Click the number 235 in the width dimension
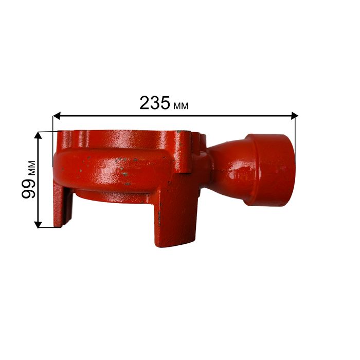point(155,103)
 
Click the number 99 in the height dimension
point(29,189)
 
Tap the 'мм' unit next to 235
point(181,105)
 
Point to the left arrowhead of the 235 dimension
point(57,116)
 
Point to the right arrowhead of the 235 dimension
point(294,116)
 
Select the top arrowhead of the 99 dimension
point(38,135)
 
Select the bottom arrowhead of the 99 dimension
point(38,225)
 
